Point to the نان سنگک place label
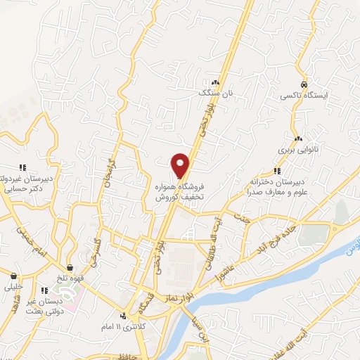tap(214, 92)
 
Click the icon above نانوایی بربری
tap(299, 139)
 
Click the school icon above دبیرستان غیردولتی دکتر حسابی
tap(22, 167)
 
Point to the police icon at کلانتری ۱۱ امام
tap(124, 316)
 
